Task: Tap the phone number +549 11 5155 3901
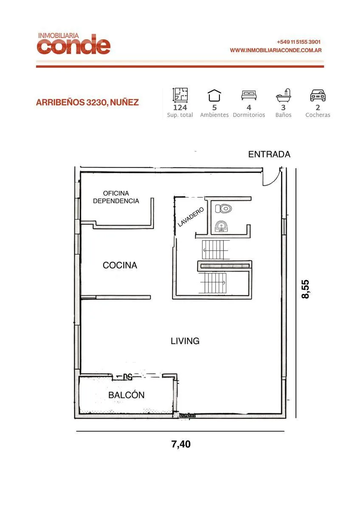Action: pyautogui.click(x=298, y=42)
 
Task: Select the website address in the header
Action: pyautogui.click(x=276, y=50)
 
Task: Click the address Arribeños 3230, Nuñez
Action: pyautogui.click(x=87, y=103)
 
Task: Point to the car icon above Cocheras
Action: pyautogui.click(x=318, y=95)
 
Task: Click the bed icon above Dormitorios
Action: pyautogui.click(x=249, y=95)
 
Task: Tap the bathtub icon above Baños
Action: pyautogui.click(x=283, y=95)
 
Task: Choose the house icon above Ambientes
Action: pyautogui.click(x=214, y=95)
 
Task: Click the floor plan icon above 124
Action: pyautogui.click(x=180, y=95)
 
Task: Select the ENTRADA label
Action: pyautogui.click(x=269, y=154)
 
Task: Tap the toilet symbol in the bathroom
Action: pyautogui.click(x=223, y=208)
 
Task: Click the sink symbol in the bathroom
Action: pyautogui.click(x=221, y=227)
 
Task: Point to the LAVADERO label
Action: pyautogui.click(x=191, y=217)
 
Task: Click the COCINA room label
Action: pyautogui.click(x=120, y=265)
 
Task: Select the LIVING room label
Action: pyautogui.click(x=185, y=341)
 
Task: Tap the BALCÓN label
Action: pyautogui.click(x=127, y=395)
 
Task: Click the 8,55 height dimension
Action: pyautogui.click(x=305, y=289)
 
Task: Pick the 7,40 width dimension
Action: pyautogui.click(x=181, y=444)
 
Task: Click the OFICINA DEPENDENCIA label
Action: pyautogui.click(x=116, y=197)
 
